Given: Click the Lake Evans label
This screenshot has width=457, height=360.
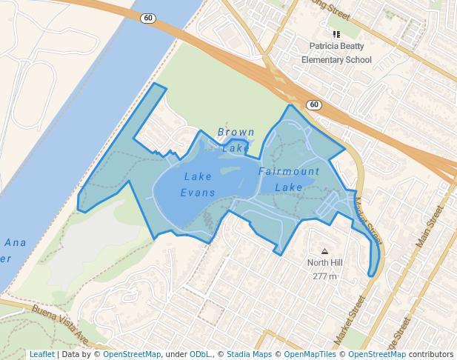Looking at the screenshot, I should [x=198, y=184].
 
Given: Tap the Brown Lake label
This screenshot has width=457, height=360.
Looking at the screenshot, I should [x=236, y=140].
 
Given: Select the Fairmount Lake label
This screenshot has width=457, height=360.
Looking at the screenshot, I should [x=289, y=179].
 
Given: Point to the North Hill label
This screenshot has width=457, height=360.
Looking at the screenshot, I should [x=325, y=263].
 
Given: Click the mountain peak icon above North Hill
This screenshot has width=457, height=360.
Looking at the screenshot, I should [x=324, y=250].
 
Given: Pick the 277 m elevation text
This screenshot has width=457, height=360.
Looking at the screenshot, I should [x=324, y=276].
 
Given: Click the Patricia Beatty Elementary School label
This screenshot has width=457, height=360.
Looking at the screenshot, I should [x=341, y=53].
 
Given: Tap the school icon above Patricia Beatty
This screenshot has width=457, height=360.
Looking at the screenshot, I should [x=337, y=33].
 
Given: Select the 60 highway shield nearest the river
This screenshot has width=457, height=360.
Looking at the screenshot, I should [x=148, y=18].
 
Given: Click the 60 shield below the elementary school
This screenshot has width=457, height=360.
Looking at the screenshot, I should [x=314, y=104].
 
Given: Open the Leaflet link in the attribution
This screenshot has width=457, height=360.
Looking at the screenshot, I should [x=41, y=355].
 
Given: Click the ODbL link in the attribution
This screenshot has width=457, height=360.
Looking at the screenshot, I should [x=200, y=355].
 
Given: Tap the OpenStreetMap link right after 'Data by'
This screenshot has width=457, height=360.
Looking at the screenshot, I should [x=132, y=355].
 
